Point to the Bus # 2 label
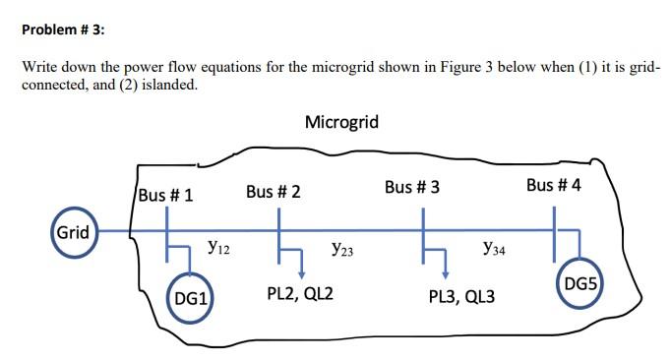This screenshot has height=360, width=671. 273,190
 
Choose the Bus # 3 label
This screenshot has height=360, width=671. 412,186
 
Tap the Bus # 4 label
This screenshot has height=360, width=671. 553,185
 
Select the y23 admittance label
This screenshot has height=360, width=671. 343,251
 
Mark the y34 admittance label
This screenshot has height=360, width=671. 494,251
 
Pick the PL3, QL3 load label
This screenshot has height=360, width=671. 461,297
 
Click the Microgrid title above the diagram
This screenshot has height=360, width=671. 341,122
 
